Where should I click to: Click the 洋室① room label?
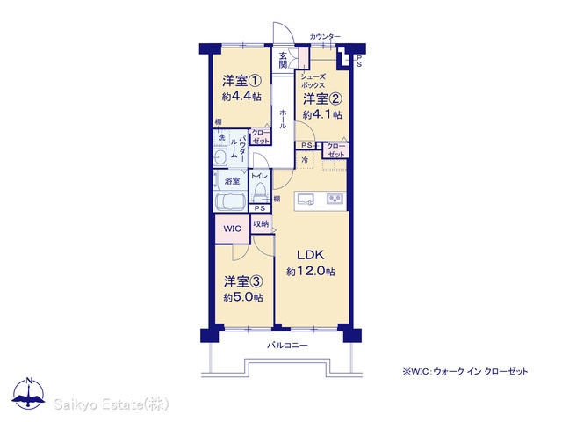(241, 80)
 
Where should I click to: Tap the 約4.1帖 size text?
(322, 114)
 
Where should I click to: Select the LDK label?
(310, 255)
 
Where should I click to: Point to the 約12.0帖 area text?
(311, 272)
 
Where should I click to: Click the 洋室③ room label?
(243, 281)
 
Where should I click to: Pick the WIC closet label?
(232, 229)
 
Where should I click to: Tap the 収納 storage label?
(261, 224)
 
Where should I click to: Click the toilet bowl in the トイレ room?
(258, 193)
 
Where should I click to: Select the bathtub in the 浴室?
(230, 202)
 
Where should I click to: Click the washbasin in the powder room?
(220, 157)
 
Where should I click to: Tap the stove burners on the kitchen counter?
(335, 199)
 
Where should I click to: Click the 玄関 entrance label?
(283, 60)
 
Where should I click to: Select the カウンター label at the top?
(325, 36)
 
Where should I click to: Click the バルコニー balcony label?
(287, 346)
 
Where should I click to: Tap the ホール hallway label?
(283, 120)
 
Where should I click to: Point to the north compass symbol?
(29, 391)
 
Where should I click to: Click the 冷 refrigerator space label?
(305, 160)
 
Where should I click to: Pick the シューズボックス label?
(313, 81)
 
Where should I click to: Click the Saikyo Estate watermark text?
(112, 404)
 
